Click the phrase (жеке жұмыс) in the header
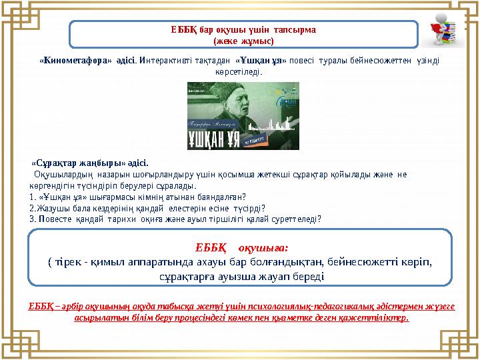pyautogui.click(x=243, y=41)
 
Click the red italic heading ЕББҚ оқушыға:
pyautogui.click(x=242, y=248)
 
